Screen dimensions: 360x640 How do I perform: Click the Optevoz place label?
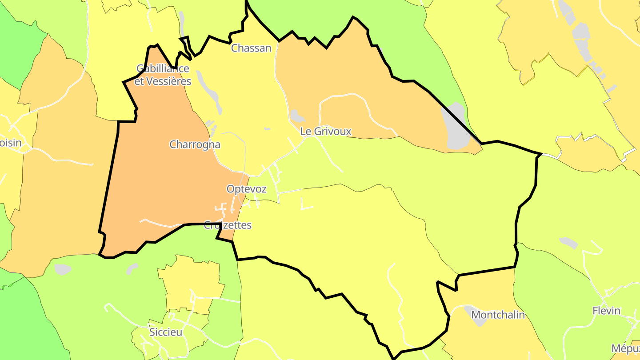tap(246, 189)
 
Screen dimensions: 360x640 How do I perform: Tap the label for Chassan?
tap(251, 48)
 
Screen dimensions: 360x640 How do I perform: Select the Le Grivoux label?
tap(326, 132)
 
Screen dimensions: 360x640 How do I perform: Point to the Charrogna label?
tap(195, 144)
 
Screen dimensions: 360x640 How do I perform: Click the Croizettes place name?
tap(228, 225)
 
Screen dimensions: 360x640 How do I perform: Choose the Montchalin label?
tap(498, 315)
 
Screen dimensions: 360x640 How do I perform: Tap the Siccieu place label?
tap(166, 332)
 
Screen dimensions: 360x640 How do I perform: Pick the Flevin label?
tap(606, 311)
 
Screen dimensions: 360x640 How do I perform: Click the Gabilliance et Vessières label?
tap(163, 75)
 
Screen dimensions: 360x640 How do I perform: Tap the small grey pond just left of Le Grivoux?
tap(296, 116)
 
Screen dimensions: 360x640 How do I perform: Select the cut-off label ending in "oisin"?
tap(11, 143)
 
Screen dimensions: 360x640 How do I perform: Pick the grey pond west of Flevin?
tap(568, 243)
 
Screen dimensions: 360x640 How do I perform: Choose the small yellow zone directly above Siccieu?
tap(191, 280)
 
